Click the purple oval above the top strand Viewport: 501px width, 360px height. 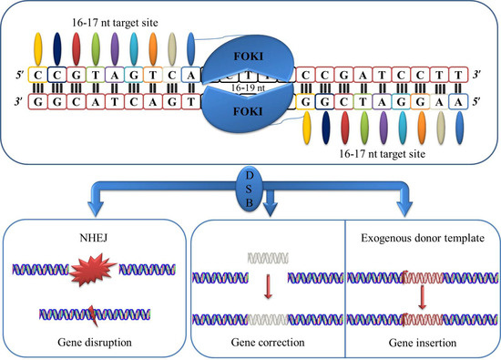point(115,47)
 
